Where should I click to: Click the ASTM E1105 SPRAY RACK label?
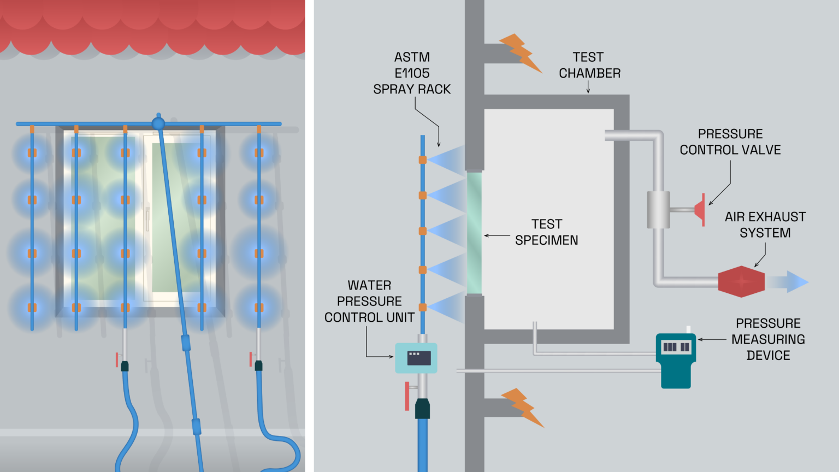(x=412, y=73)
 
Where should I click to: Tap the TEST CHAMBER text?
(x=589, y=65)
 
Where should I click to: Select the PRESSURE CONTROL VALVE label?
(x=730, y=142)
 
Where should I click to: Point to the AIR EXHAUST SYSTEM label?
(x=765, y=225)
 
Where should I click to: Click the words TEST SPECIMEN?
(x=546, y=232)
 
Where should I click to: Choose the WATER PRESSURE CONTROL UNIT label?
(x=369, y=301)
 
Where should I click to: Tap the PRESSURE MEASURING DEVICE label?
(x=767, y=339)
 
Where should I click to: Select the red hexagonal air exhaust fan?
(x=741, y=282)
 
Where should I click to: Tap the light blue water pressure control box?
(x=416, y=358)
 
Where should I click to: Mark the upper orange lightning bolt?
(x=520, y=53)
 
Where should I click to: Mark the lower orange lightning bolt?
(x=522, y=407)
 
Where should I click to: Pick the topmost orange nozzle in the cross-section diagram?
(x=422, y=160)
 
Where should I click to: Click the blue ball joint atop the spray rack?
(x=158, y=123)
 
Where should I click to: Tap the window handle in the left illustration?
(x=147, y=219)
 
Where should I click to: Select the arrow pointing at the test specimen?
(x=497, y=236)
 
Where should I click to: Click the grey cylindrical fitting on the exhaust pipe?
(x=658, y=210)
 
